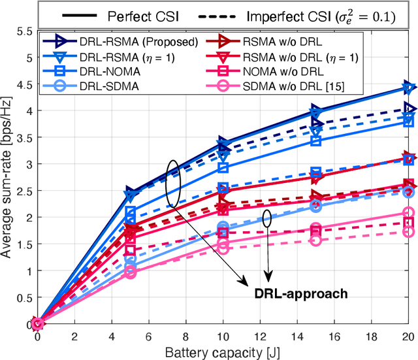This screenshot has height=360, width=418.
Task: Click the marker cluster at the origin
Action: pyautogui.click(x=37, y=323)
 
